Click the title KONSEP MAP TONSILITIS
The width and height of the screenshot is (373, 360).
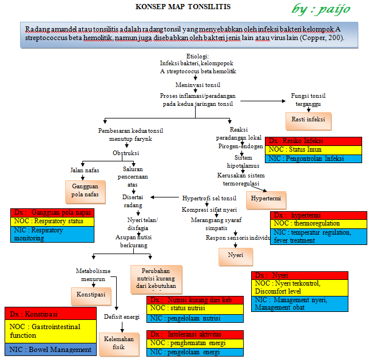click(x=182, y=7)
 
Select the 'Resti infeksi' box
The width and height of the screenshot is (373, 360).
click(x=308, y=120)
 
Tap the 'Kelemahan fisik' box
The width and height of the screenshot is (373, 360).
click(x=119, y=342)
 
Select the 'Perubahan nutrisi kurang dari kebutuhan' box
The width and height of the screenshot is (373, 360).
click(x=156, y=278)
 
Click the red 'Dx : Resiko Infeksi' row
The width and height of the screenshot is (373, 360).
click(x=314, y=141)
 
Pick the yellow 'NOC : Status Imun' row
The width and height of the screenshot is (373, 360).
click(x=314, y=149)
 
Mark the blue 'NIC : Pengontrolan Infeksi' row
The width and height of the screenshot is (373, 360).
click(x=314, y=159)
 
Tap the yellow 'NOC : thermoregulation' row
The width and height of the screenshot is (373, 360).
click(x=318, y=223)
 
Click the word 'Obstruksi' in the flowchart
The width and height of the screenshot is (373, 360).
click(x=125, y=153)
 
